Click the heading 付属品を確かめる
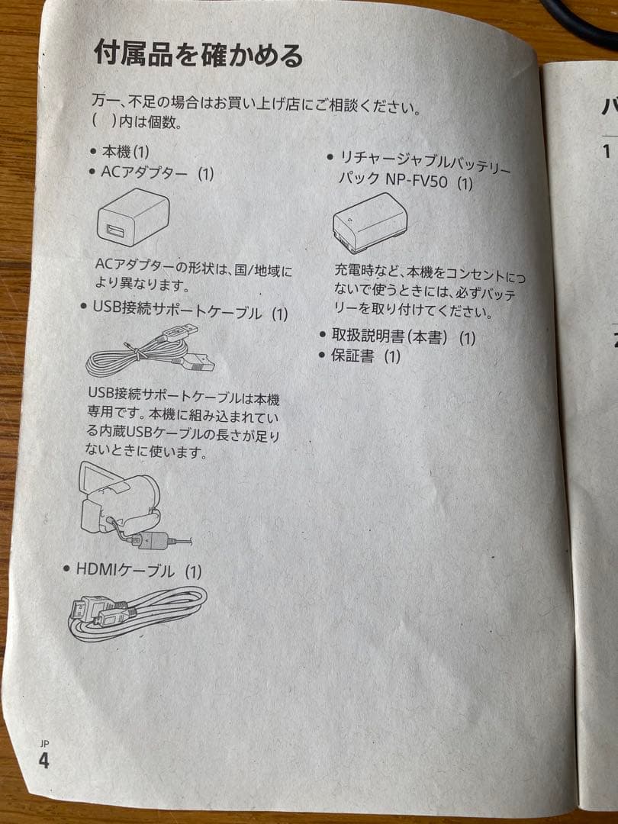tap(198, 56)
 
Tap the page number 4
tap(43, 761)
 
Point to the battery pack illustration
tap(369, 223)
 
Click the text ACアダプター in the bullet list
tap(144, 172)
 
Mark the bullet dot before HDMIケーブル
tap(68, 569)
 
